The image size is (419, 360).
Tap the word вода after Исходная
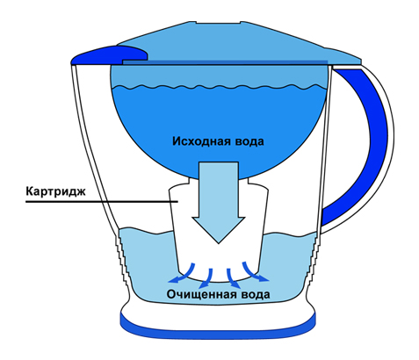click(x=249, y=141)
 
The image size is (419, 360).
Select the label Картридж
click(x=55, y=191)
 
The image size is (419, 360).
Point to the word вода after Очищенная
click(x=255, y=294)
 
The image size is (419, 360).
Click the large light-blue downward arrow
click(x=219, y=202)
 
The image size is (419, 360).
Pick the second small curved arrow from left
click(x=206, y=278)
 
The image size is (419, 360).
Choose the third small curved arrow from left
click(x=232, y=278)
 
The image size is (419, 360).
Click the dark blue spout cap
click(x=110, y=55)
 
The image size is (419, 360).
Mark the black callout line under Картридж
click(x=102, y=202)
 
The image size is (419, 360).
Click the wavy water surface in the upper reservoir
click(x=219, y=87)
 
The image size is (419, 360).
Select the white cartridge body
click(x=219, y=231)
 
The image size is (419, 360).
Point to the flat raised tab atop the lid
click(x=218, y=22)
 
